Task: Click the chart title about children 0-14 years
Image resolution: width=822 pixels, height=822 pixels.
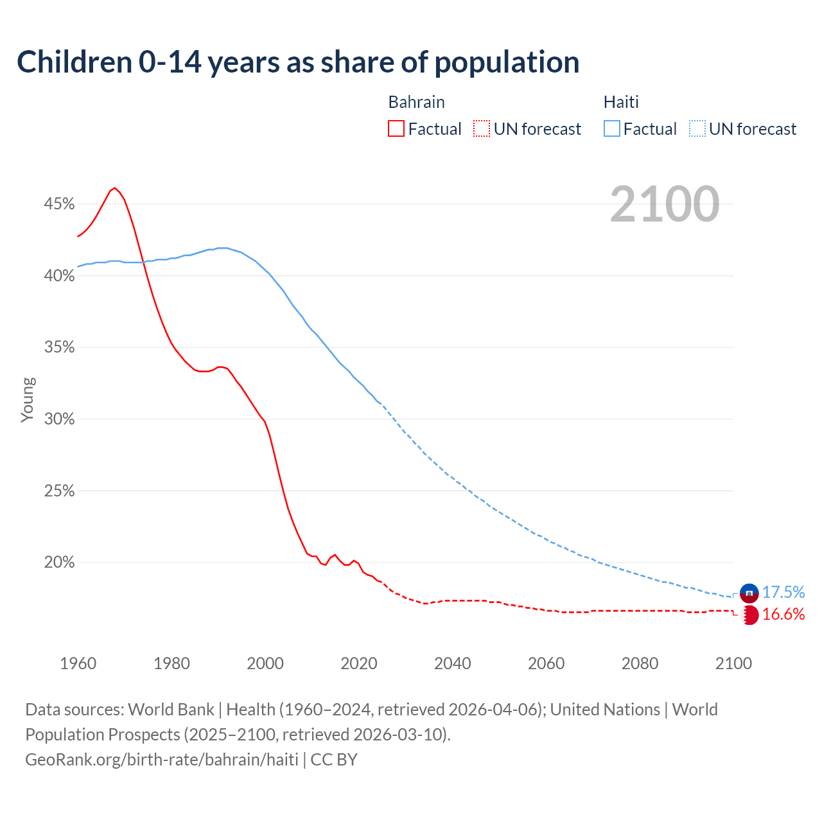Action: [x=298, y=62]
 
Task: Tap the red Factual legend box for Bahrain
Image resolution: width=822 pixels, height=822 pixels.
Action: [x=396, y=129]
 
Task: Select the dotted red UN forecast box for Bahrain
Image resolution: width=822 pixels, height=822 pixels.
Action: [x=482, y=129]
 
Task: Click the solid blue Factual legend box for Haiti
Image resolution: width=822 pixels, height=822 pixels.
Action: [x=611, y=129]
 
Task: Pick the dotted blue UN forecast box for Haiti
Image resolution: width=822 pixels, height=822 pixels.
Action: [x=697, y=129]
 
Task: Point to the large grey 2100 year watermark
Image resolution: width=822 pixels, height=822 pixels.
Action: [x=664, y=204]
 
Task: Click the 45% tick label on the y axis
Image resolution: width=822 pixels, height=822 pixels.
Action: [x=59, y=204]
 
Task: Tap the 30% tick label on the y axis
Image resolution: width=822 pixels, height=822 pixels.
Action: [x=59, y=419]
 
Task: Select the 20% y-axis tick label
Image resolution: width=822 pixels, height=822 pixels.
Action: [x=59, y=563]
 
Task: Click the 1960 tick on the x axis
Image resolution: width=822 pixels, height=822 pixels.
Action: [x=78, y=663]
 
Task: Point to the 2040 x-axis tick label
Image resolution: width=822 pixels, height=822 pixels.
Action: [x=452, y=663]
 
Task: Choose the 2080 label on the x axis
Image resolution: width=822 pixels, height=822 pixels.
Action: [x=640, y=663]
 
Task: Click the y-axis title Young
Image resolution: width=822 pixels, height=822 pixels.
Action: [x=28, y=399]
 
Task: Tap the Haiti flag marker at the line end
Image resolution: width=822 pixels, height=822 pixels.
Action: [x=749, y=593]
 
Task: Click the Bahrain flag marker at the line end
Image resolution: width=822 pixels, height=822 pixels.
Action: [x=749, y=615]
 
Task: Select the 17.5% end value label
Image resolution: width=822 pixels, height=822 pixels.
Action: [x=783, y=592]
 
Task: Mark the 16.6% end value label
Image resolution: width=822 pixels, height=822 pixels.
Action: [x=783, y=615]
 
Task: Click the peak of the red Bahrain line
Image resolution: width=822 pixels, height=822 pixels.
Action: [x=115, y=188]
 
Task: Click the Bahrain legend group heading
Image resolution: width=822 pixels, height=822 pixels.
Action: [x=416, y=102]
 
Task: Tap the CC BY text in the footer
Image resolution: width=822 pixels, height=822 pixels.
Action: [x=334, y=760]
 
